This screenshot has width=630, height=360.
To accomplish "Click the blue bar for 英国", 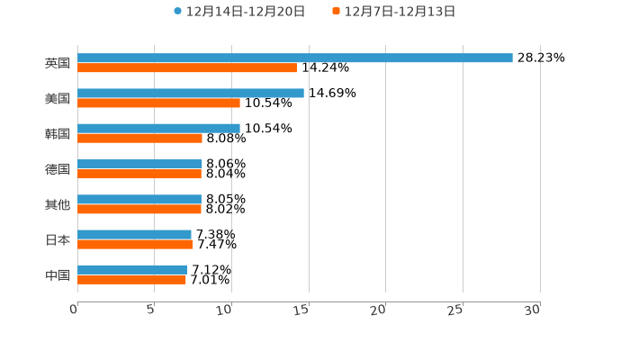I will point(295,58).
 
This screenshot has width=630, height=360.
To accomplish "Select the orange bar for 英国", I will point(187,67).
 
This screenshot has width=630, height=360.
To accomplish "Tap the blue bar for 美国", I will point(191,93).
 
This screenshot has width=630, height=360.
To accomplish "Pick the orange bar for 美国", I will point(158,103).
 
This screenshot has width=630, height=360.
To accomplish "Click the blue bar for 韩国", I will point(158,128).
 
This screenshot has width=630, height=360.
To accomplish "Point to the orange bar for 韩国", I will point(139,138).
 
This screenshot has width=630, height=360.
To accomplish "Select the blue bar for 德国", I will point(139,164).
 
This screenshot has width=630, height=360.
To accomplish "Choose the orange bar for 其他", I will point(139,209).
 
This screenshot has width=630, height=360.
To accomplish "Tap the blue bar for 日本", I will point(134,234).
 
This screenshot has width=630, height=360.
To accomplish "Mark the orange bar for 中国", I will point(131,279).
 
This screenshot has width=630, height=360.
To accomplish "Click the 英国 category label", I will point(58,63).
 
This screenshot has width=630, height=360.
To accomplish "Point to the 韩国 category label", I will point(58,133).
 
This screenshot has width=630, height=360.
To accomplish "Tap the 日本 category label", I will point(58,239).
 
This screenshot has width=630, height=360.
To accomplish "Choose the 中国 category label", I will point(58,274).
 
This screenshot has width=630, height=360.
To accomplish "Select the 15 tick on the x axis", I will point(303,310).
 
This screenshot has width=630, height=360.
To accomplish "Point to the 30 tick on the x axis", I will point(533,310).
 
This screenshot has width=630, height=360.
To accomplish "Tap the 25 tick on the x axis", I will point(456,310).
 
